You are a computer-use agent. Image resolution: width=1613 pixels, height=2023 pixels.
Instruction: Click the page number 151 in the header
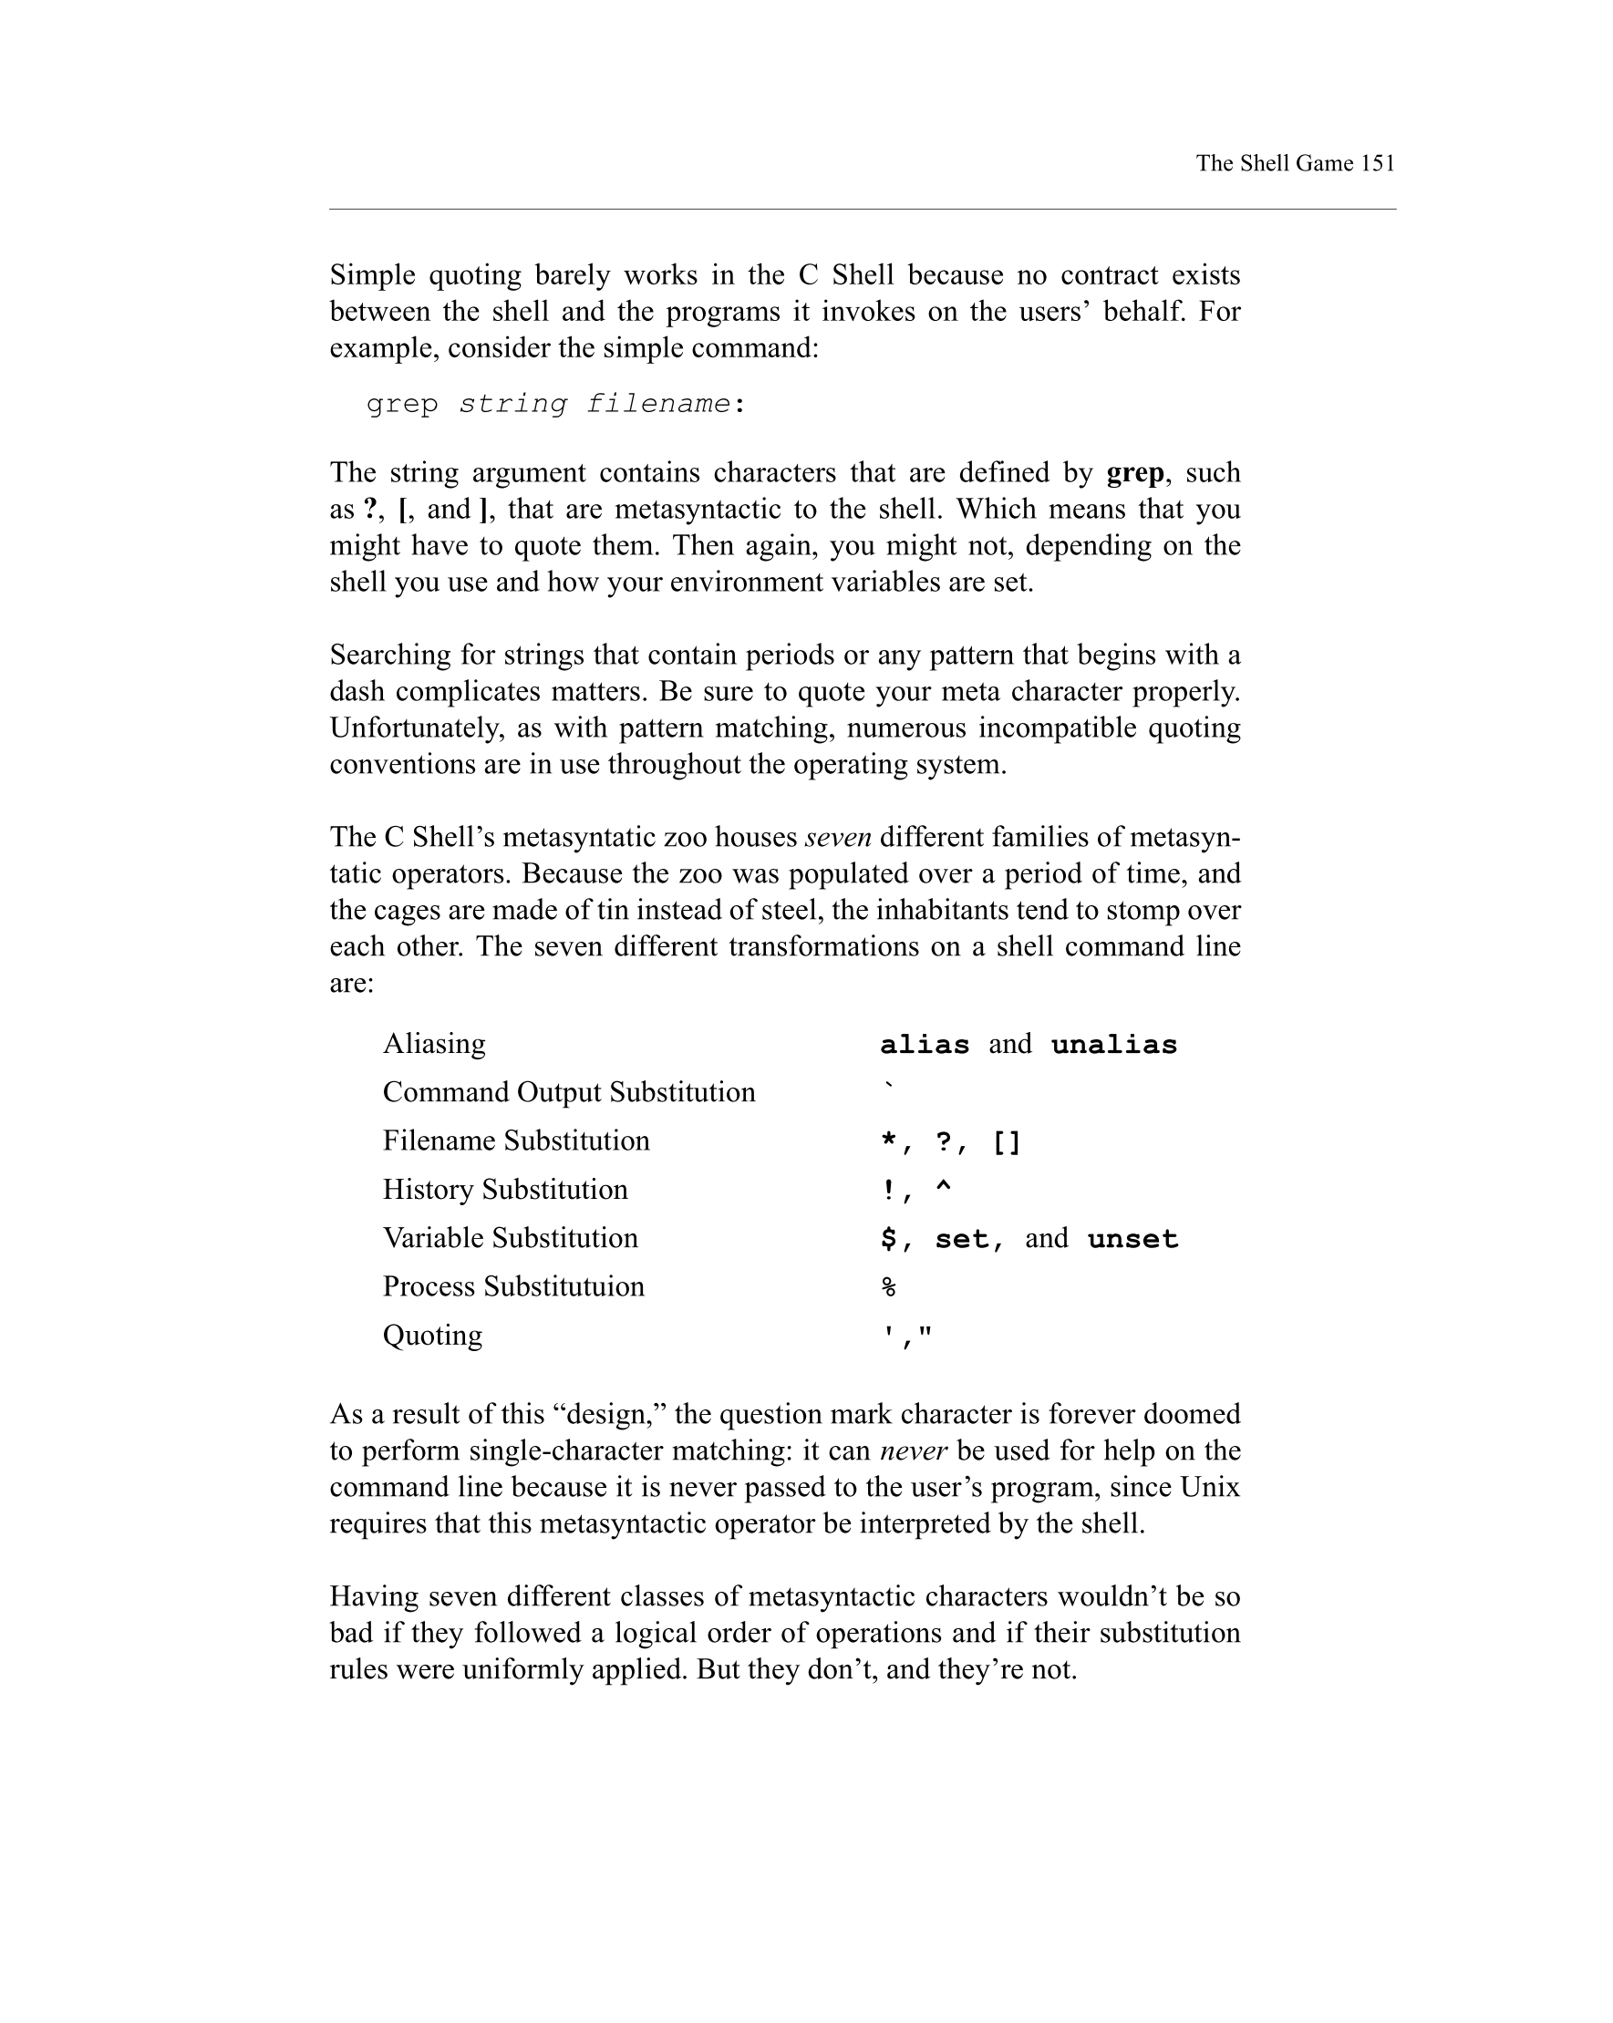pyautogui.click(x=1377, y=163)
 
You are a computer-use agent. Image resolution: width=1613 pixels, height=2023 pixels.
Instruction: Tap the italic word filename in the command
pyautogui.click(x=657, y=404)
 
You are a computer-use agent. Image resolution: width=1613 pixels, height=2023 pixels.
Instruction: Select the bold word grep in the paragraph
pyautogui.click(x=1135, y=472)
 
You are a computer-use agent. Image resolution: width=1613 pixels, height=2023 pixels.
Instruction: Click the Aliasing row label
pyautogui.click(x=433, y=1043)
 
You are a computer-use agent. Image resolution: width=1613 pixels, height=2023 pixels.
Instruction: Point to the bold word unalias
pyautogui.click(x=1114, y=1046)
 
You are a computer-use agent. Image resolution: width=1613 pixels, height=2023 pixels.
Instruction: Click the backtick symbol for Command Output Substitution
pyautogui.click(x=889, y=1088)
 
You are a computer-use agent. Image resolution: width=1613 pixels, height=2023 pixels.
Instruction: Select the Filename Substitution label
pyautogui.click(x=516, y=1141)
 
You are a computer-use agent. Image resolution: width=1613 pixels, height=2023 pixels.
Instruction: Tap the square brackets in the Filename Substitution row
pyautogui.click(x=1007, y=1143)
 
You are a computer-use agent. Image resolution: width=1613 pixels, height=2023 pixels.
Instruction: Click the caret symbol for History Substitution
pyautogui.click(x=943, y=1189)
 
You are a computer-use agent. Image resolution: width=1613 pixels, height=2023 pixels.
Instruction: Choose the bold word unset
pyautogui.click(x=1132, y=1240)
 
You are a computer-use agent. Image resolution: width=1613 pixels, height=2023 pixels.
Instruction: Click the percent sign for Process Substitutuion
pyautogui.click(x=889, y=1287)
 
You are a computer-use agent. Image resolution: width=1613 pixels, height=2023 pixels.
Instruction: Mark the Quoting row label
pyautogui.click(x=432, y=1335)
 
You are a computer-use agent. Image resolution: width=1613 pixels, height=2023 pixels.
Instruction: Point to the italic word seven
pyautogui.click(x=838, y=837)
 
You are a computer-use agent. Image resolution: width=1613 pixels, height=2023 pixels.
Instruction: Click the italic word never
pyautogui.click(x=913, y=1450)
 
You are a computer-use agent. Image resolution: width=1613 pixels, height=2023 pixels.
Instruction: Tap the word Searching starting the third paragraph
pyautogui.click(x=388, y=655)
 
